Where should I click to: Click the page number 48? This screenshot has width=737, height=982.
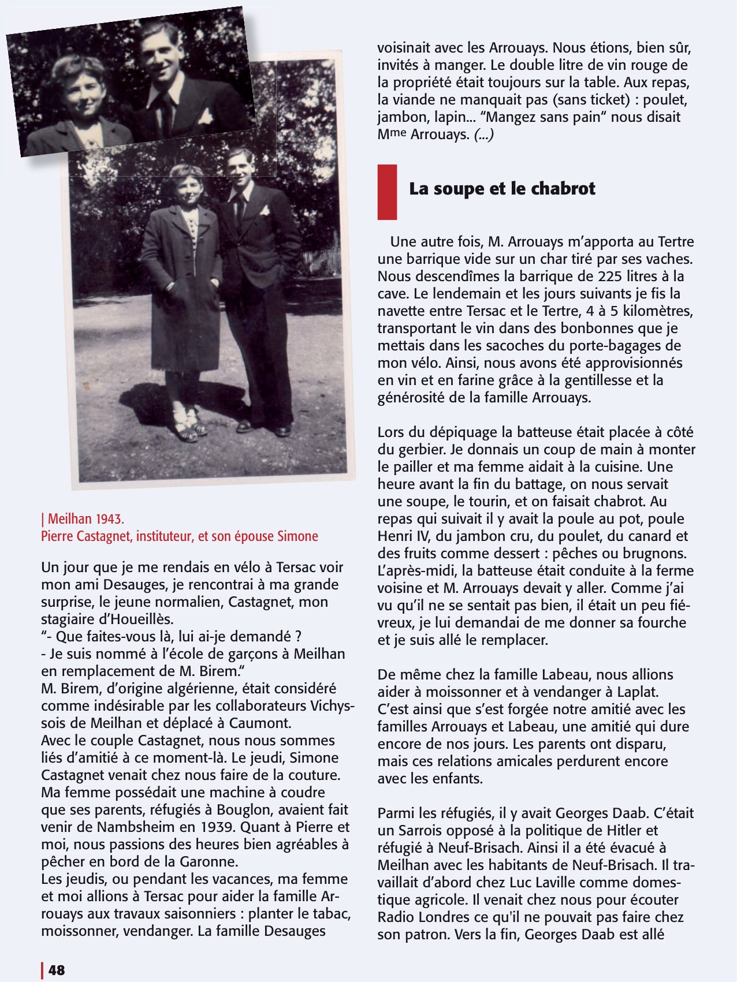pos(57,970)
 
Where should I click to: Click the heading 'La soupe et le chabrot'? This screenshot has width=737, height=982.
pos(502,189)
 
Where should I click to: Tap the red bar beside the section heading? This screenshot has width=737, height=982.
pos(387,192)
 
